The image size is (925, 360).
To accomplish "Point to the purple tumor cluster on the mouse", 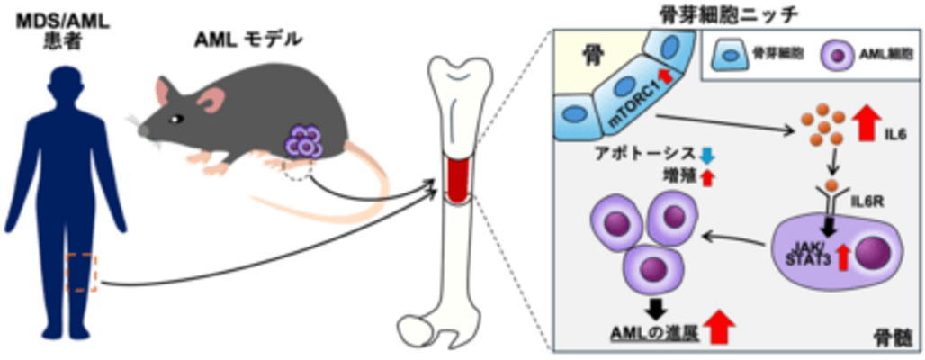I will click(303, 141).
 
